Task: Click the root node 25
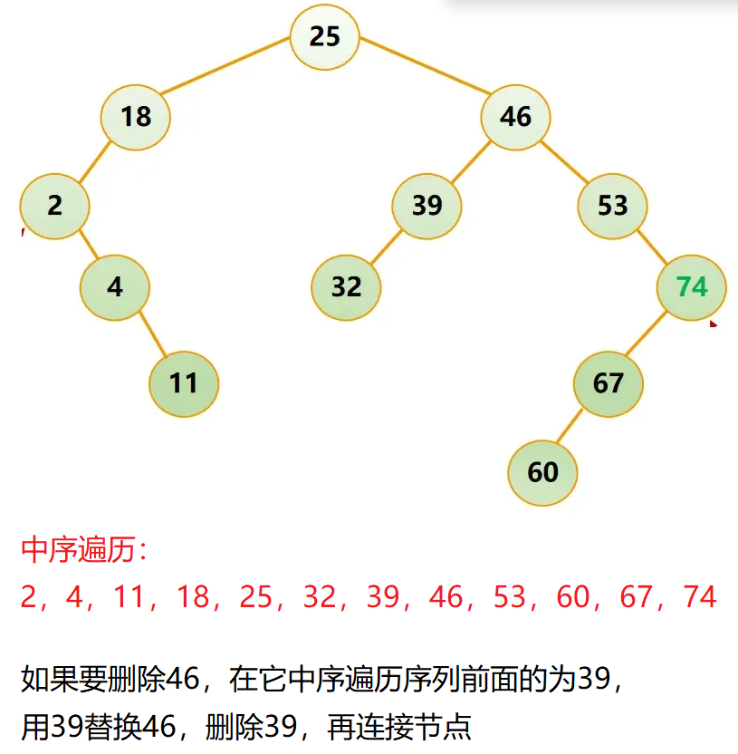(325, 36)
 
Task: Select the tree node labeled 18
(136, 116)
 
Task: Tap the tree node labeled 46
(515, 116)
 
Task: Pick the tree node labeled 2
(55, 206)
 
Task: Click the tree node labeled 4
(114, 286)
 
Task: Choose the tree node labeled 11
(184, 382)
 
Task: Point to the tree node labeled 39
(427, 205)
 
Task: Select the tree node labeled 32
(346, 287)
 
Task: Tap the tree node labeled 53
(612, 205)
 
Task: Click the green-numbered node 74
(691, 286)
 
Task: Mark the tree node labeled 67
(608, 382)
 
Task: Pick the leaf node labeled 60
(542, 472)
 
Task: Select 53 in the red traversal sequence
(511, 596)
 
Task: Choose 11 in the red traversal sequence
(130, 596)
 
